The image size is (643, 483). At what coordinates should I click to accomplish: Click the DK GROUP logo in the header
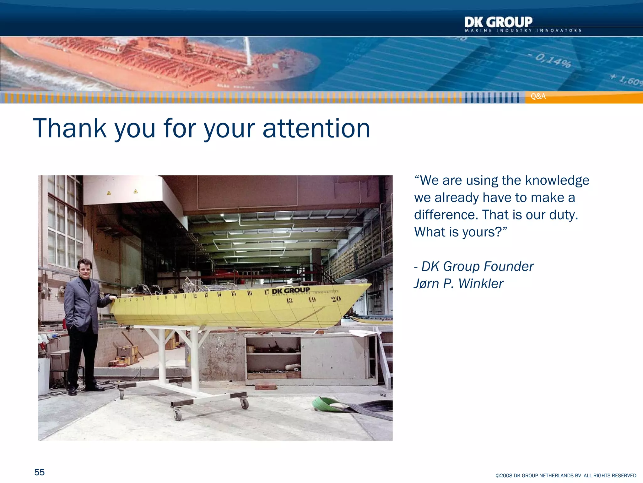[x=499, y=23]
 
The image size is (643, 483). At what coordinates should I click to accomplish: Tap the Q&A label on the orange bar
[x=538, y=97]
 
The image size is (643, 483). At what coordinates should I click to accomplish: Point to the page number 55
[x=40, y=472]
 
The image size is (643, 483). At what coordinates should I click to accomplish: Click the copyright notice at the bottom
[x=566, y=475]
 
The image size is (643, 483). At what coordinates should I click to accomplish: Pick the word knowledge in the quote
[x=557, y=180]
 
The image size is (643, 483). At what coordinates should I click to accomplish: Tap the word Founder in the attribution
[x=509, y=266]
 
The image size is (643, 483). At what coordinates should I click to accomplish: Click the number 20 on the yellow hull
[x=336, y=299]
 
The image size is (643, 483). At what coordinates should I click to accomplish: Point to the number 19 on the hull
[x=312, y=299]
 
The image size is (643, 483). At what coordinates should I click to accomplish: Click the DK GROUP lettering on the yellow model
[x=291, y=290]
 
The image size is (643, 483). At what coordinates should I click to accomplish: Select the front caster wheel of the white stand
[x=178, y=415]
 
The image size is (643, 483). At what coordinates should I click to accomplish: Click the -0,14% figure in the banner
[x=553, y=60]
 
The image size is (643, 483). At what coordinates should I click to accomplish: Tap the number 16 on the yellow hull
[x=250, y=293]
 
